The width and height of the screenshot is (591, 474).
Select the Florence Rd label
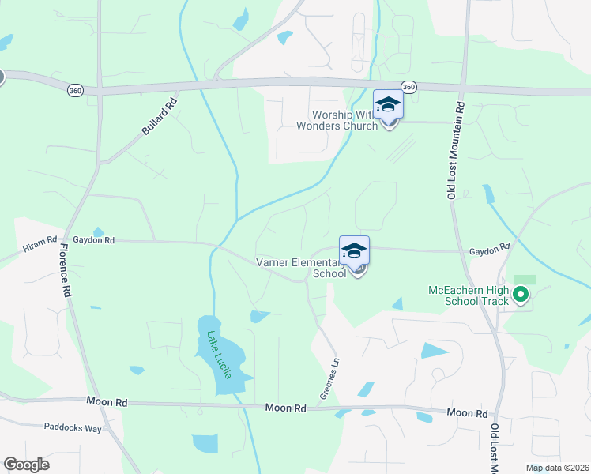coord(63,269)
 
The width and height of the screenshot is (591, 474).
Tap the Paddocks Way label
coord(73,427)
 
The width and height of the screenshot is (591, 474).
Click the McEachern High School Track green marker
coord(520,296)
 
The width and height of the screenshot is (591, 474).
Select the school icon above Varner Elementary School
coord(355,250)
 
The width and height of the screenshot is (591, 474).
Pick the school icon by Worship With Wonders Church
coord(388,105)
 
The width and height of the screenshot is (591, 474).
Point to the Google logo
coord(26,465)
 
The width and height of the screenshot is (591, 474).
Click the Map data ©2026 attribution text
coord(557,468)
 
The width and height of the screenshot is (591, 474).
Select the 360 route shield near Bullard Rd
coord(75,90)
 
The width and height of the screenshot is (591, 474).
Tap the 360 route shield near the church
coord(408,86)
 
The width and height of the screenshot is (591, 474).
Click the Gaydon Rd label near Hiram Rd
coord(93,240)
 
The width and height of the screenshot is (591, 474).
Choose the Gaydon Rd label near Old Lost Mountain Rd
coord(489,250)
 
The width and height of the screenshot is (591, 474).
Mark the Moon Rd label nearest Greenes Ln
coord(285,408)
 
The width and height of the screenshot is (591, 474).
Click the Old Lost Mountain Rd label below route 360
coord(456,149)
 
